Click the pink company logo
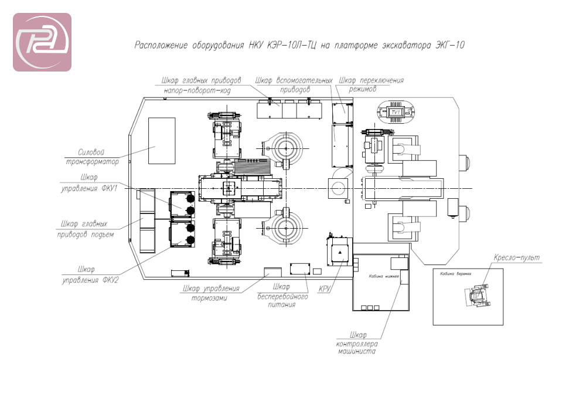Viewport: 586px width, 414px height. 42,42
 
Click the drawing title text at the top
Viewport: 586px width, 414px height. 299,45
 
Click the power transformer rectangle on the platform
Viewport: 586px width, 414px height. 162,141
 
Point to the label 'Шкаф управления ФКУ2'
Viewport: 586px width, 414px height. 91,274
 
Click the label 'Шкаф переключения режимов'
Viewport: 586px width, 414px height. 372,85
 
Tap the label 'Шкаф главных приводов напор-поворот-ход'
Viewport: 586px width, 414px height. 201,86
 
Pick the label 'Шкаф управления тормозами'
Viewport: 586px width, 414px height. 211,293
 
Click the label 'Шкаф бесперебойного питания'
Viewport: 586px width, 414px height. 283,296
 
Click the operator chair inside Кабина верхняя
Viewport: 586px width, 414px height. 477,295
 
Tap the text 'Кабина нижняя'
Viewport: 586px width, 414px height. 384,276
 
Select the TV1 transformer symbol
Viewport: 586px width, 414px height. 397,111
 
